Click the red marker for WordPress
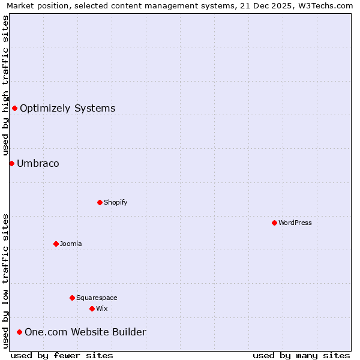click(274, 223)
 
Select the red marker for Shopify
click(100, 202)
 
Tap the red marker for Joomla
click(56, 244)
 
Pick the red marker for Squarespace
click(72, 298)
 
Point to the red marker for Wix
click(92, 308)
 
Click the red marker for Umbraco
click(11, 163)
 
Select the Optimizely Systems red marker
click(14, 108)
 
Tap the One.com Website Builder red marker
click(19, 332)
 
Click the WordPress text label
click(295, 223)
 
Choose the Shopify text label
click(116, 202)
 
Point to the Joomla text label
click(71, 244)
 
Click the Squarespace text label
click(97, 298)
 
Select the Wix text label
click(102, 308)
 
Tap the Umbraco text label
click(38, 163)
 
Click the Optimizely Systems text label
click(68, 108)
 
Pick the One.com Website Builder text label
click(85, 332)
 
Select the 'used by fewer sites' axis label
click(62, 355)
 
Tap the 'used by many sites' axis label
click(301, 355)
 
